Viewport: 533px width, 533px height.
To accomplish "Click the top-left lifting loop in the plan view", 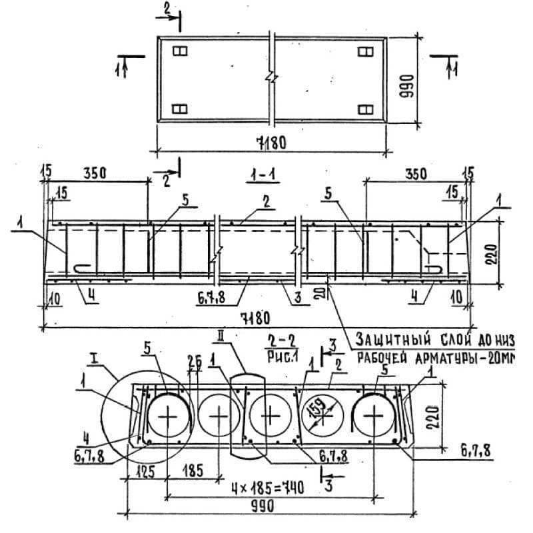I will [179, 51].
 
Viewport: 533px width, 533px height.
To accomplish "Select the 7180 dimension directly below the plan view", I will [271, 142].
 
